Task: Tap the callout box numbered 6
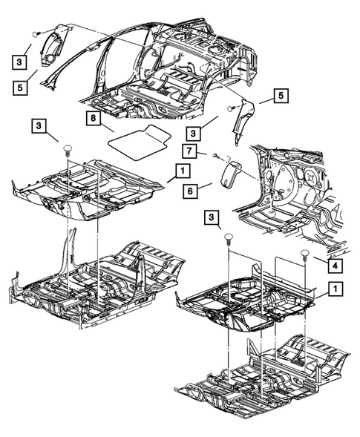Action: [191, 190]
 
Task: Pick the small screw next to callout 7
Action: [215, 157]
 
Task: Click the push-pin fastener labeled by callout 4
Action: [304, 257]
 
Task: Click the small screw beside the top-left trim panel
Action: [36, 34]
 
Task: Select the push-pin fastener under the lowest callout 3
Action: [229, 240]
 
